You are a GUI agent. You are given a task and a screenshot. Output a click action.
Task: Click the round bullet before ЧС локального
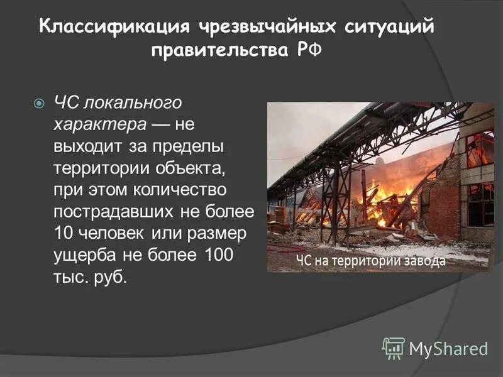tap(39, 102)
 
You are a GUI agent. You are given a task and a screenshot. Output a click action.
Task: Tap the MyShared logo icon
tap(394, 347)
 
